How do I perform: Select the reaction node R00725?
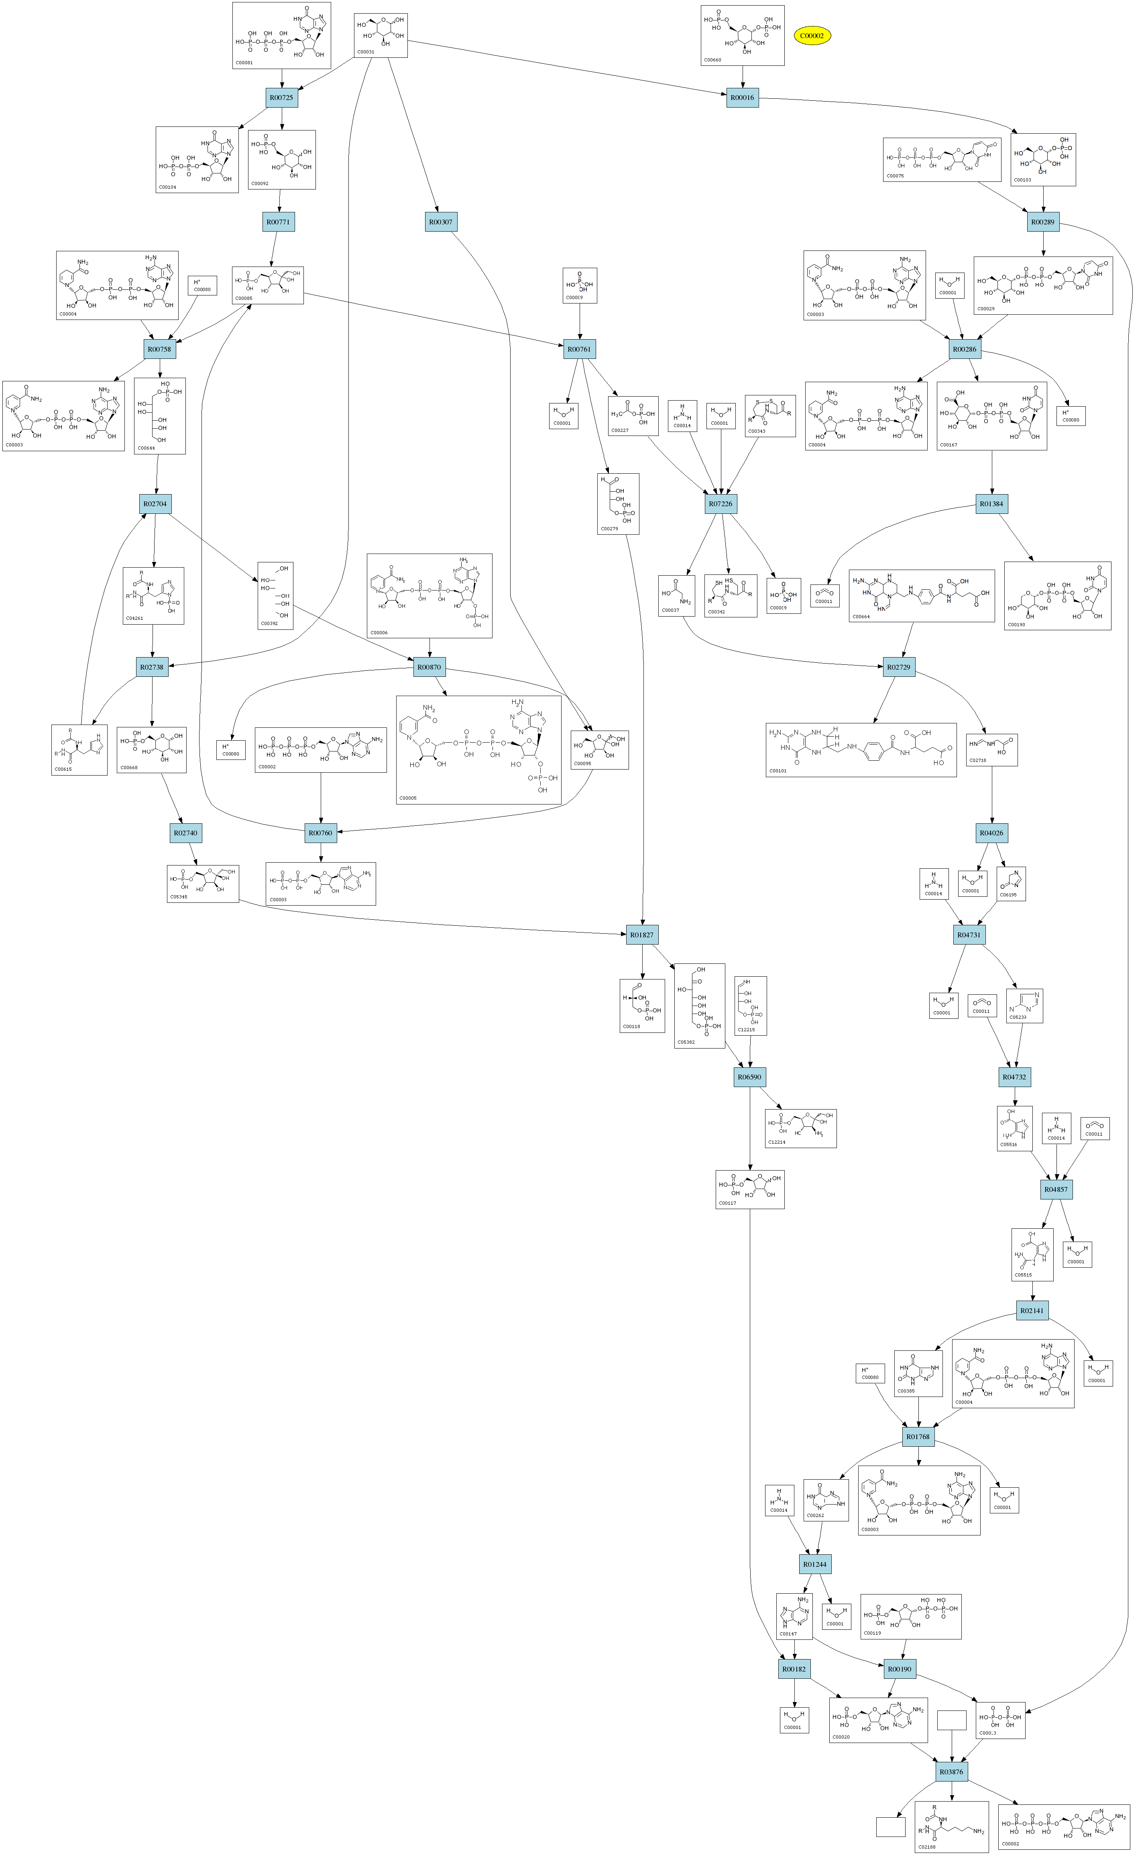[x=282, y=98]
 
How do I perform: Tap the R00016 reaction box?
[x=742, y=98]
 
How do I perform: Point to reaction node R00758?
[x=160, y=349]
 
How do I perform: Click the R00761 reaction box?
[x=579, y=349]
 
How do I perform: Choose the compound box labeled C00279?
[x=618, y=504]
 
